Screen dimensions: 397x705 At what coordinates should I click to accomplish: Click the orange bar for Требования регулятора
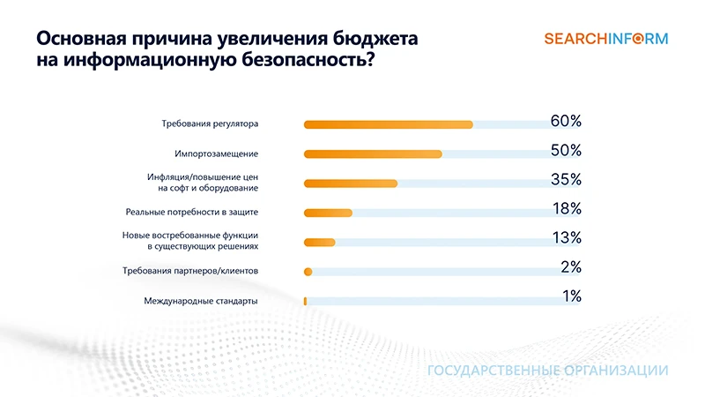pyautogui.click(x=388, y=124)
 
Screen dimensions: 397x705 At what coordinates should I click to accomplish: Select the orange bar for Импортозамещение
pyautogui.click(x=373, y=154)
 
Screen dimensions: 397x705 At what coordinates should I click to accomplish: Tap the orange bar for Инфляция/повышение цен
pyautogui.click(x=351, y=184)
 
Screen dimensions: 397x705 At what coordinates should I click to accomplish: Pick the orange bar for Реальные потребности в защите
pyautogui.click(x=328, y=213)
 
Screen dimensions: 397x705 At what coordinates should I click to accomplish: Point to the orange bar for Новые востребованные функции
pyautogui.click(x=319, y=243)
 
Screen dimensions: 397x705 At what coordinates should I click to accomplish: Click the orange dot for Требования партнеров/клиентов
pyautogui.click(x=308, y=272)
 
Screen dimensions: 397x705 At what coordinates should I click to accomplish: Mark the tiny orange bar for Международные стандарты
pyautogui.click(x=305, y=301)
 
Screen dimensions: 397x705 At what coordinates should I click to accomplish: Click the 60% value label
pyautogui.click(x=566, y=122)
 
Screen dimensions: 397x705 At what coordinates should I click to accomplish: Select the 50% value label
pyautogui.click(x=566, y=151)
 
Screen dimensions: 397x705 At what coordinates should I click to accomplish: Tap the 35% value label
pyautogui.click(x=566, y=180)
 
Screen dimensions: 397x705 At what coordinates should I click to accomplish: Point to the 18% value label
pyautogui.click(x=566, y=209)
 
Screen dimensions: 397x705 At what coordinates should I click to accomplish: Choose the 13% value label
pyautogui.click(x=566, y=238)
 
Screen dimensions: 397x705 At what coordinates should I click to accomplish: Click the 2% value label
pyautogui.click(x=571, y=267)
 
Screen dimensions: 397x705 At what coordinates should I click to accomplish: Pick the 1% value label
pyautogui.click(x=571, y=296)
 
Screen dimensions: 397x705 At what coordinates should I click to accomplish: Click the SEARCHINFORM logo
pyautogui.click(x=606, y=39)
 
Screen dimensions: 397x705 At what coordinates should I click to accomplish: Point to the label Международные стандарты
pyautogui.click(x=201, y=301)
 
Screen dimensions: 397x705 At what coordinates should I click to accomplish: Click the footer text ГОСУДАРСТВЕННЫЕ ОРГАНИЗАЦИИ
pyautogui.click(x=547, y=371)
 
